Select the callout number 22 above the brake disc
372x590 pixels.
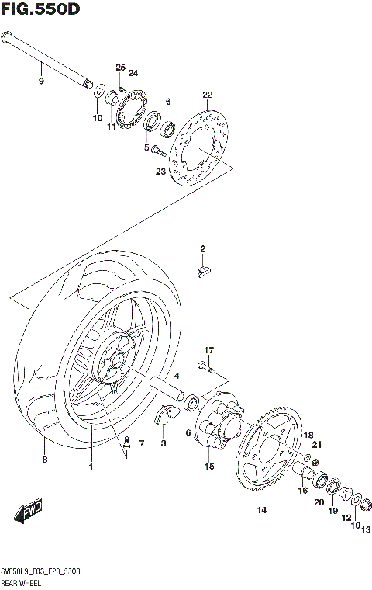tap(207, 95)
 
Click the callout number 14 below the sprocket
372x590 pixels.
tap(260, 510)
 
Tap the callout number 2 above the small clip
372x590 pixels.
tap(203, 248)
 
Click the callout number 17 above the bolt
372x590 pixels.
tap(208, 351)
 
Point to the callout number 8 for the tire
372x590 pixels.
tap(44, 460)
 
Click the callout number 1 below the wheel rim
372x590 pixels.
tap(91, 466)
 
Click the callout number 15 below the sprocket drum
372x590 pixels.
tap(208, 467)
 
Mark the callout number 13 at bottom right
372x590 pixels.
tap(366, 530)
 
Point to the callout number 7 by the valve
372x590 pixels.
tap(141, 443)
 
